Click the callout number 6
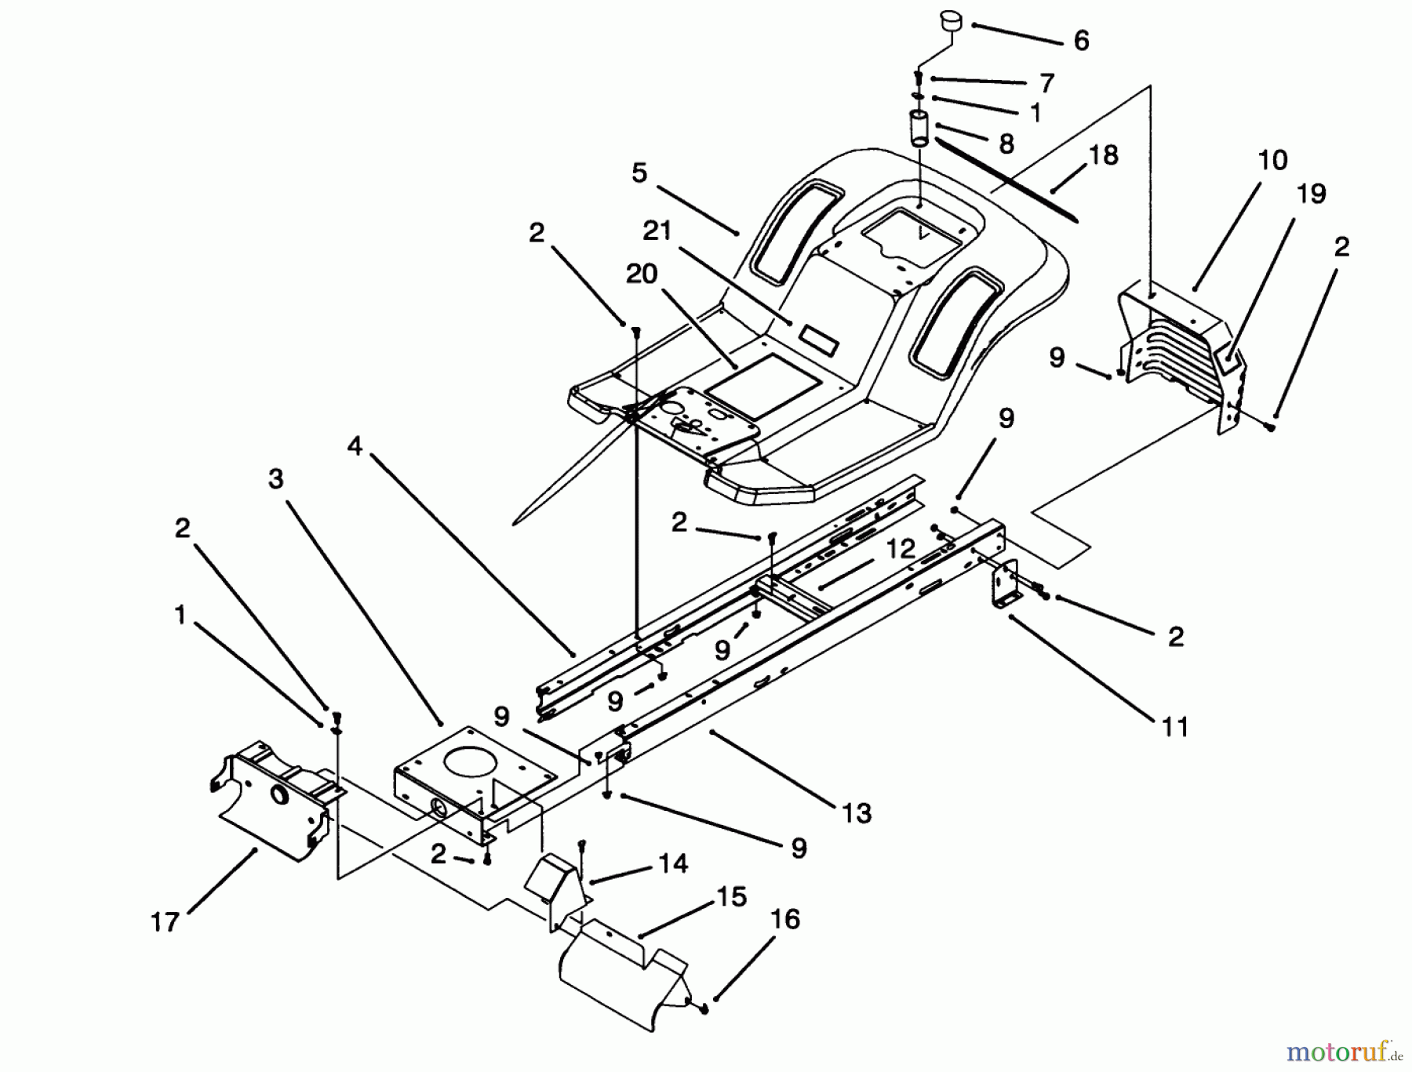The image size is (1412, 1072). click(x=1081, y=41)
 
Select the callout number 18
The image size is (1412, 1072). click(x=1103, y=155)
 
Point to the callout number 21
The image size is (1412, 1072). click(x=657, y=231)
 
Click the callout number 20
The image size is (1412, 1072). click(x=641, y=274)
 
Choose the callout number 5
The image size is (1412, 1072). click(x=639, y=173)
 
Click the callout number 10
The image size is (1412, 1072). click(x=1272, y=161)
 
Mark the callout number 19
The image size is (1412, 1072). click(x=1312, y=194)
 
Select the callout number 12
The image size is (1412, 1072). click(x=901, y=549)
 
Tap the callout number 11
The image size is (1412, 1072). click(x=1174, y=728)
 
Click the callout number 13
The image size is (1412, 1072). click(x=857, y=813)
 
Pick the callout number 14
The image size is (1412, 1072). click(x=673, y=863)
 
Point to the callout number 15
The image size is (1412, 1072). click(x=731, y=897)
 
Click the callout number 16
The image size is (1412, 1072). click(x=785, y=919)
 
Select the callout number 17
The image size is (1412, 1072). click(x=165, y=922)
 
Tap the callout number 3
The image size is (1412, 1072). click(x=275, y=479)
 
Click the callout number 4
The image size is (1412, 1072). click(x=355, y=447)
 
